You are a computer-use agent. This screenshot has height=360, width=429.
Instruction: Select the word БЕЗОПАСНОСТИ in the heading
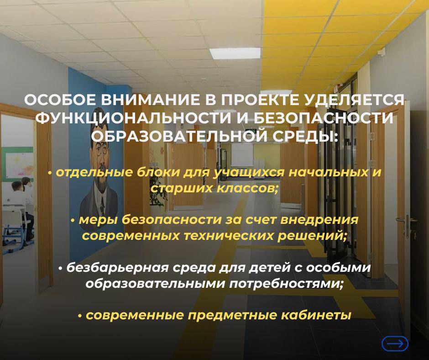324,118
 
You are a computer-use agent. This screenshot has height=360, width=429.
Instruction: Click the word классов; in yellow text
247,189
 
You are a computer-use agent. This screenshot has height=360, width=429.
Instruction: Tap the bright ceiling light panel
236,53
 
